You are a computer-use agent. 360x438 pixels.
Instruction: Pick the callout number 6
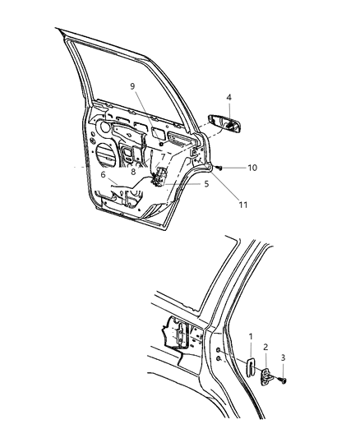point(103,174)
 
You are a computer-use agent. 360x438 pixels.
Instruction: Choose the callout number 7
point(163,155)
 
